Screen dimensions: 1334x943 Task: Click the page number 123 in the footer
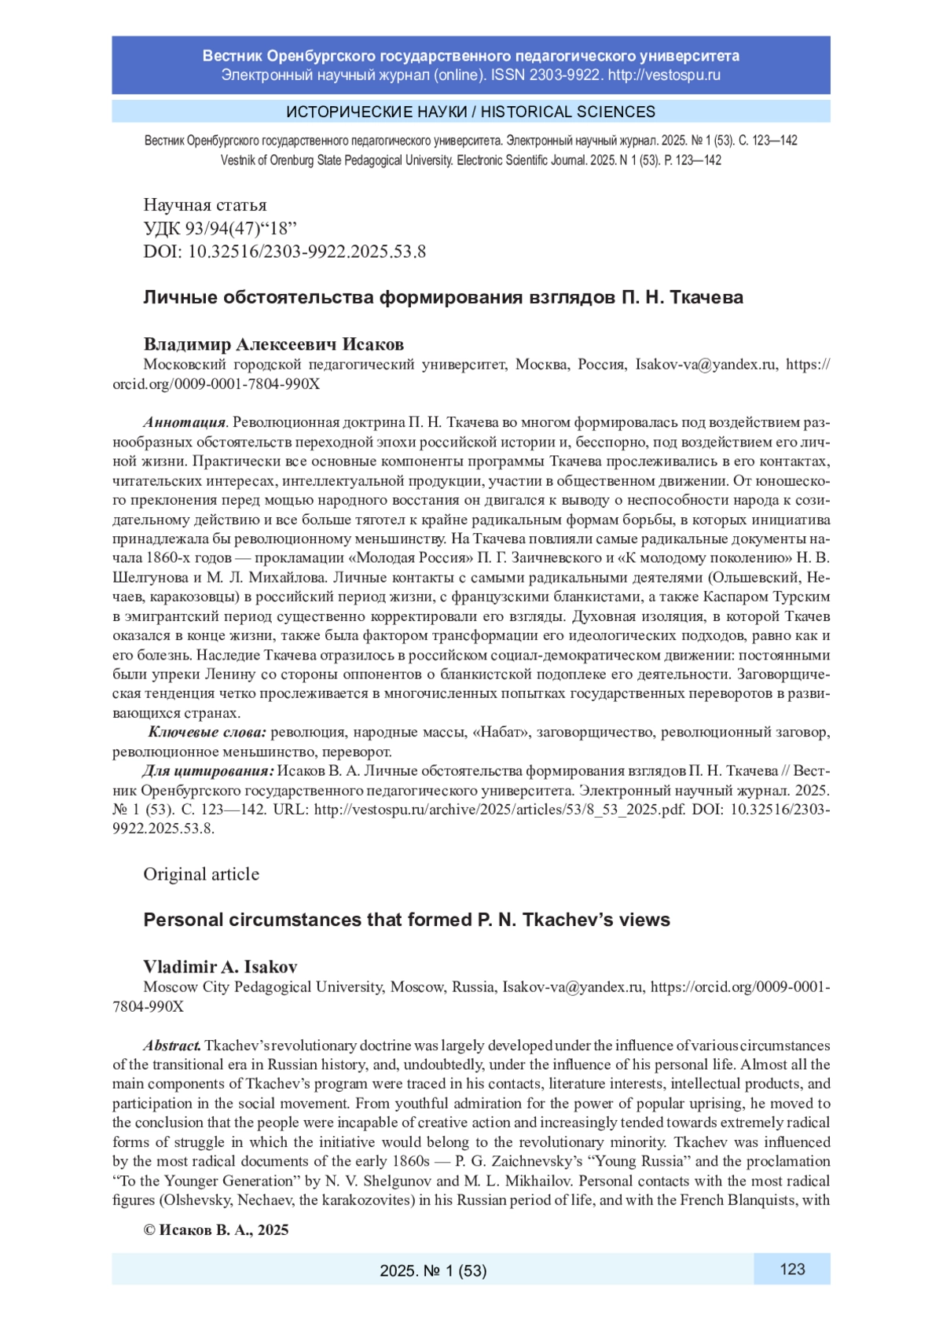click(792, 1269)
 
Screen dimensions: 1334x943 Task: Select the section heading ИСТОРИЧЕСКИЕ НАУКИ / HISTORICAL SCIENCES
click(471, 112)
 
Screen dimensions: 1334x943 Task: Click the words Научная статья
click(204, 205)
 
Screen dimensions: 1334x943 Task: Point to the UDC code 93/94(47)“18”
click(240, 229)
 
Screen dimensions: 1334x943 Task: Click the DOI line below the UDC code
click(284, 252)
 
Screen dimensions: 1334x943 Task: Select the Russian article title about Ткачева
click(442, 297)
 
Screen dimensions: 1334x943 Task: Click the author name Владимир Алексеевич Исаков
click(273, 344)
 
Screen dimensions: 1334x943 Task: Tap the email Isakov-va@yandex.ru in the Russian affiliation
click(706, 364)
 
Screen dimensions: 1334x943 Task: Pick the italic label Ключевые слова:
click(207, 733)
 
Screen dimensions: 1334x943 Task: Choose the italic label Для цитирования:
click(207, 771)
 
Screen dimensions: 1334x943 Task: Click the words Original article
click(200, 874)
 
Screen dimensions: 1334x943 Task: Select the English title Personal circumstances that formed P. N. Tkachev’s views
click(406, 920)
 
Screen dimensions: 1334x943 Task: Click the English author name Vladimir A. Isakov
click(220, 967)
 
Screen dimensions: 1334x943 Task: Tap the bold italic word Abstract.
click(172, 1046)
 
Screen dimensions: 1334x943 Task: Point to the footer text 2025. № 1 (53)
click(433, 1270)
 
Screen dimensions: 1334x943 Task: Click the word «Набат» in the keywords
click(500, 733)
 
